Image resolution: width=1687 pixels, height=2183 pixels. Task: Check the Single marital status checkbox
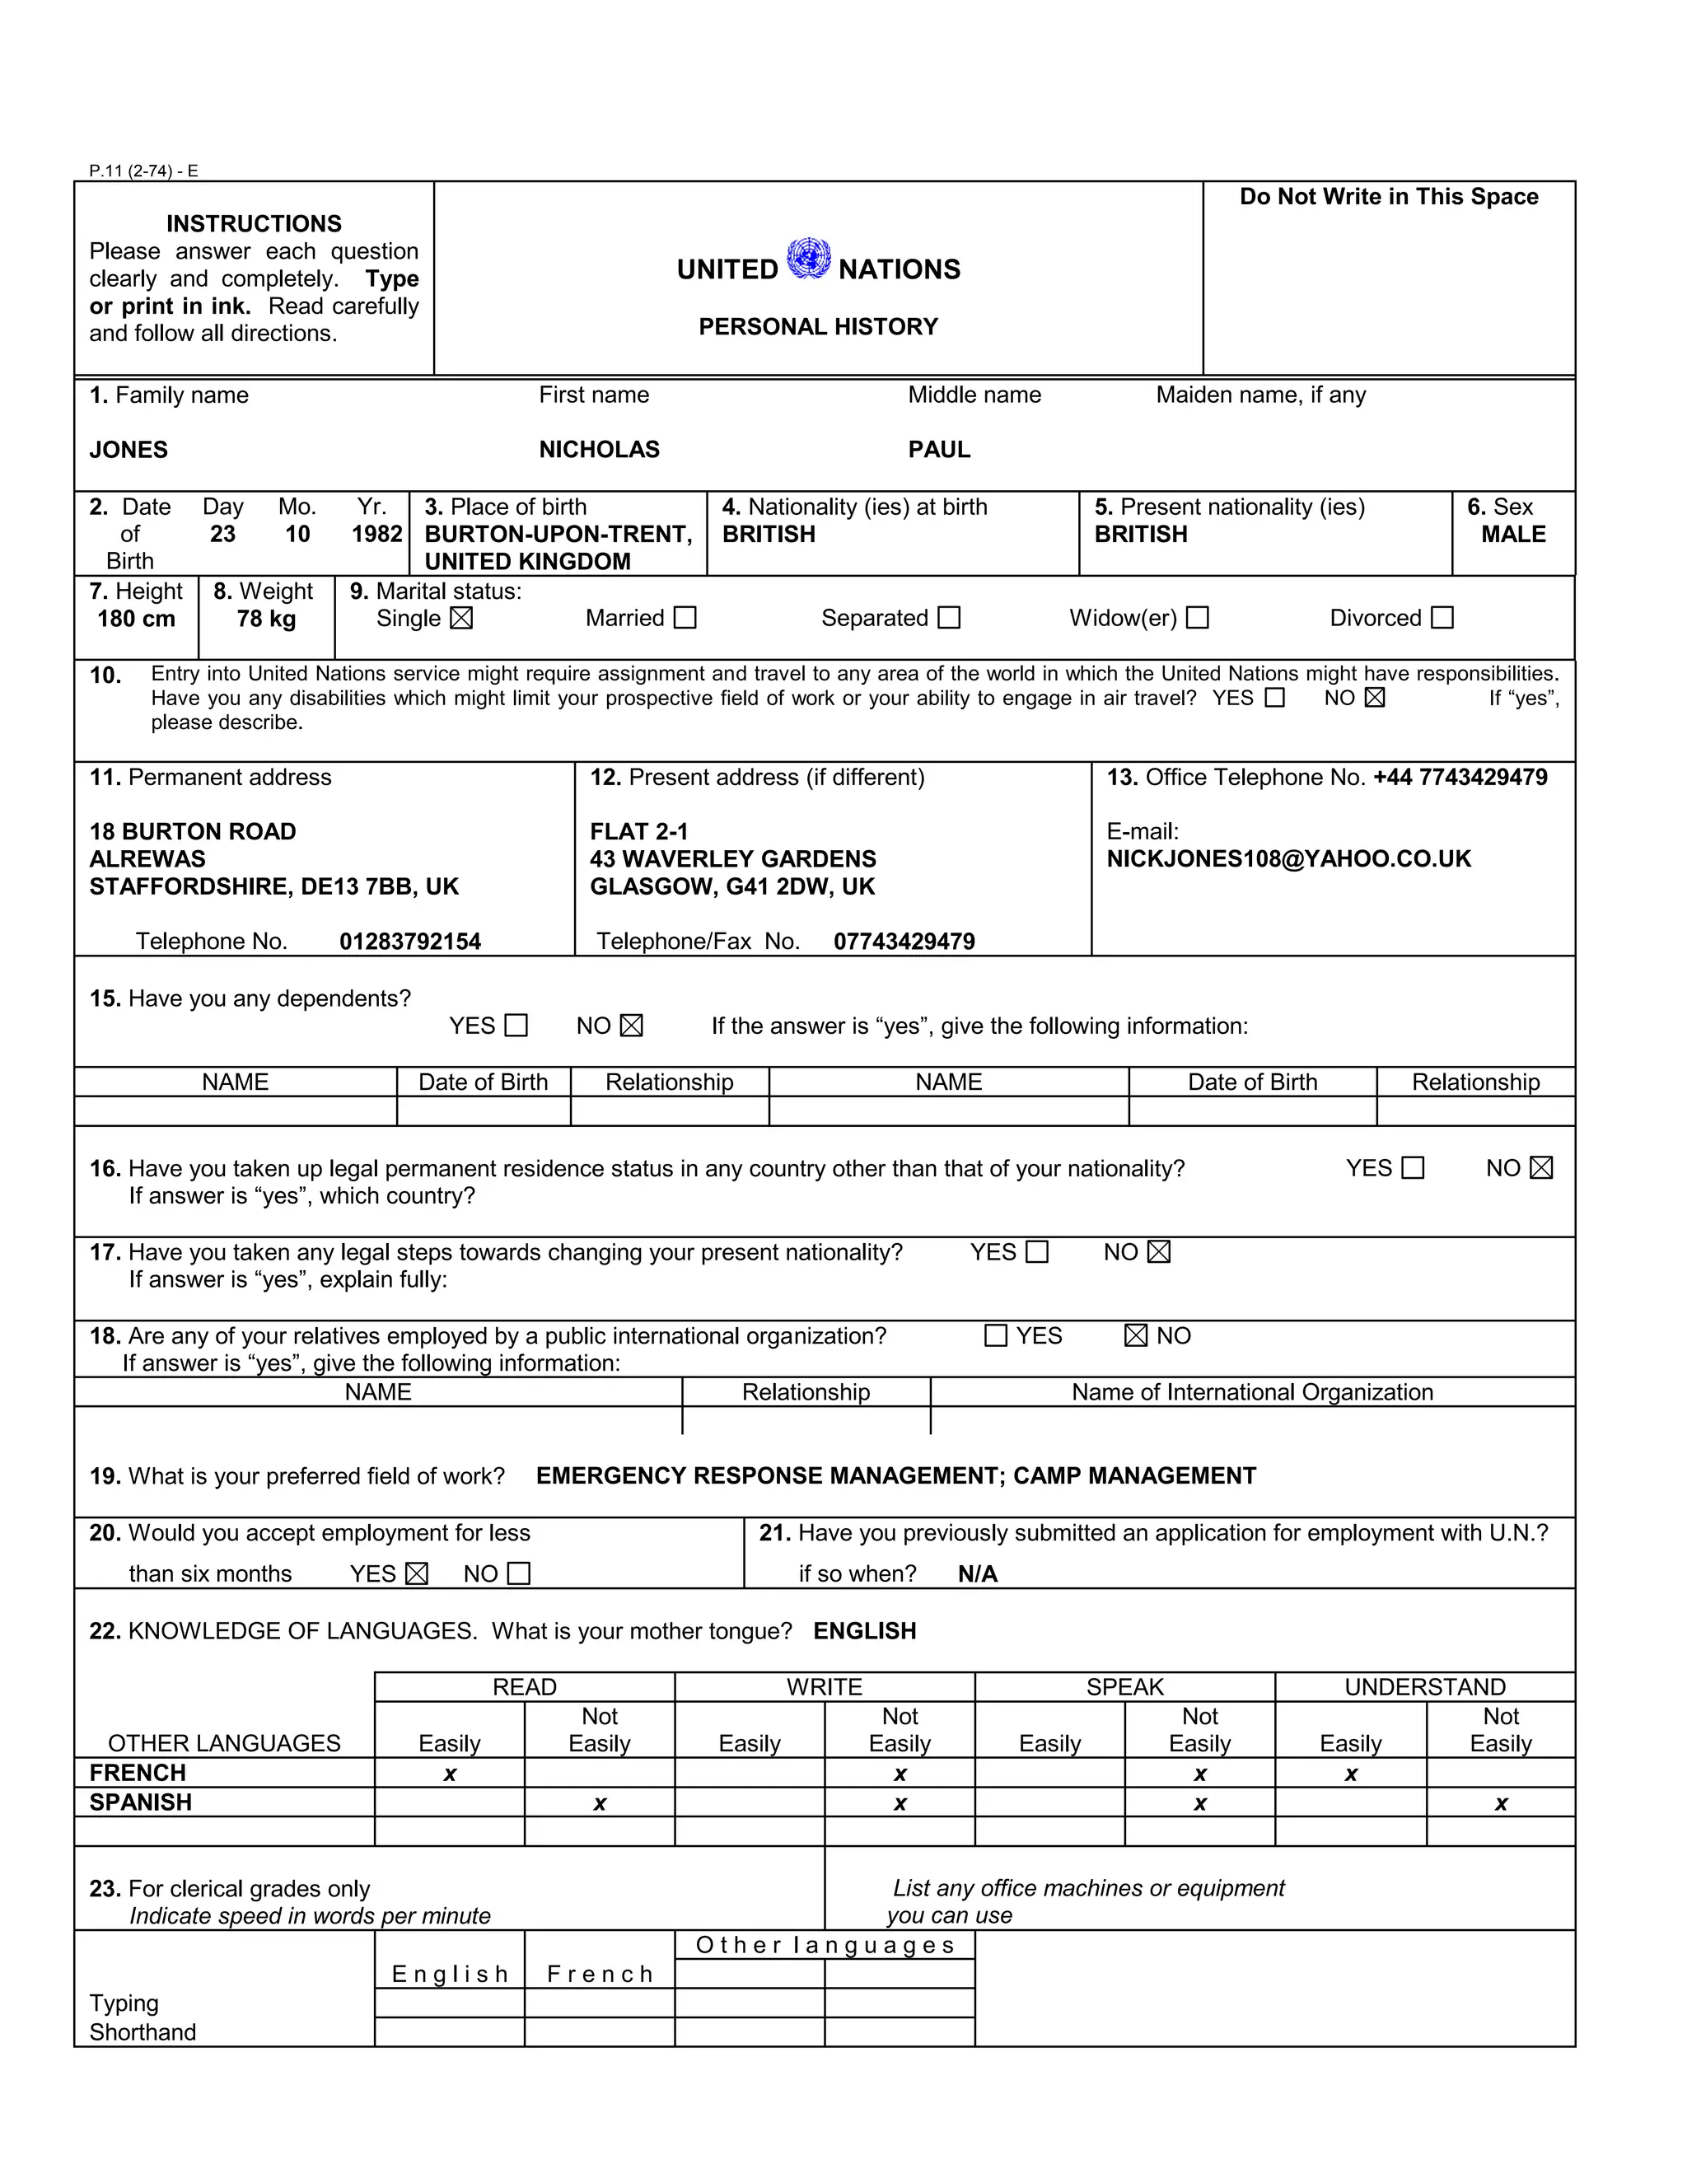pos(460,619)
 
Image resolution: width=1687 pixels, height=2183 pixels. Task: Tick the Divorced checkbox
pos(1442,619)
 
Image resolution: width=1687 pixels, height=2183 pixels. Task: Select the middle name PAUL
pos(938,450)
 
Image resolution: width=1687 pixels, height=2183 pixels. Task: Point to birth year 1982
pos(376,535)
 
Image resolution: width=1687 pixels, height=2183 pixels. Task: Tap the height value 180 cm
pos(136,619)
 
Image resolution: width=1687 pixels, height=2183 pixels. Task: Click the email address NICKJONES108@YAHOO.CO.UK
pos(1288,859)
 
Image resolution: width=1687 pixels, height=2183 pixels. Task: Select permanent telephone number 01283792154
pos(409,942)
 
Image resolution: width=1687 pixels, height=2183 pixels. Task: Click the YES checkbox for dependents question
pos(516,1026)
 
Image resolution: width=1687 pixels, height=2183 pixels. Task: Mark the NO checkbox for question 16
pos(1541,1168)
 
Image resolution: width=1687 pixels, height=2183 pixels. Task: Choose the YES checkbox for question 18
pos(995,1336)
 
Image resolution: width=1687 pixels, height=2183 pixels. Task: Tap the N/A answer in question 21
pos(978,1575)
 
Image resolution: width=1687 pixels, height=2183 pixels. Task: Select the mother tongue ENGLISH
pos(864,1632)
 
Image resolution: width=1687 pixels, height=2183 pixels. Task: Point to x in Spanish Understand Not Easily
pos(1500,1804)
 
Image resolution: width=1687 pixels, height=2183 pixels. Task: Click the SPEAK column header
pos(1124,1687)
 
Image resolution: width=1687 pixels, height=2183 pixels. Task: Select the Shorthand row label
pos(143,2032)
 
